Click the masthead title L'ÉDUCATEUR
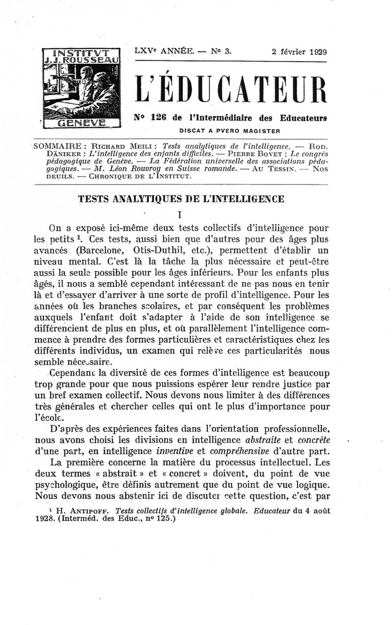pyautogui.click(x=230, y=89)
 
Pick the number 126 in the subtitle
pyautogui.click(x=160, y=118)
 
